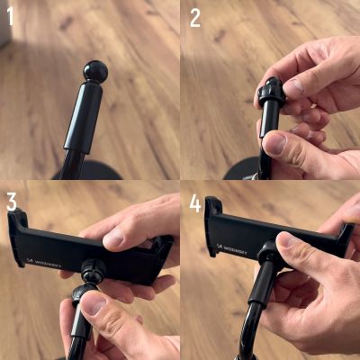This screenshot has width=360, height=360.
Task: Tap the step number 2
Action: point(195,17)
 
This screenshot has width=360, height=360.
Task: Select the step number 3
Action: point(12,201)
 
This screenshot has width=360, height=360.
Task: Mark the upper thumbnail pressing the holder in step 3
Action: point(113,238)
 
